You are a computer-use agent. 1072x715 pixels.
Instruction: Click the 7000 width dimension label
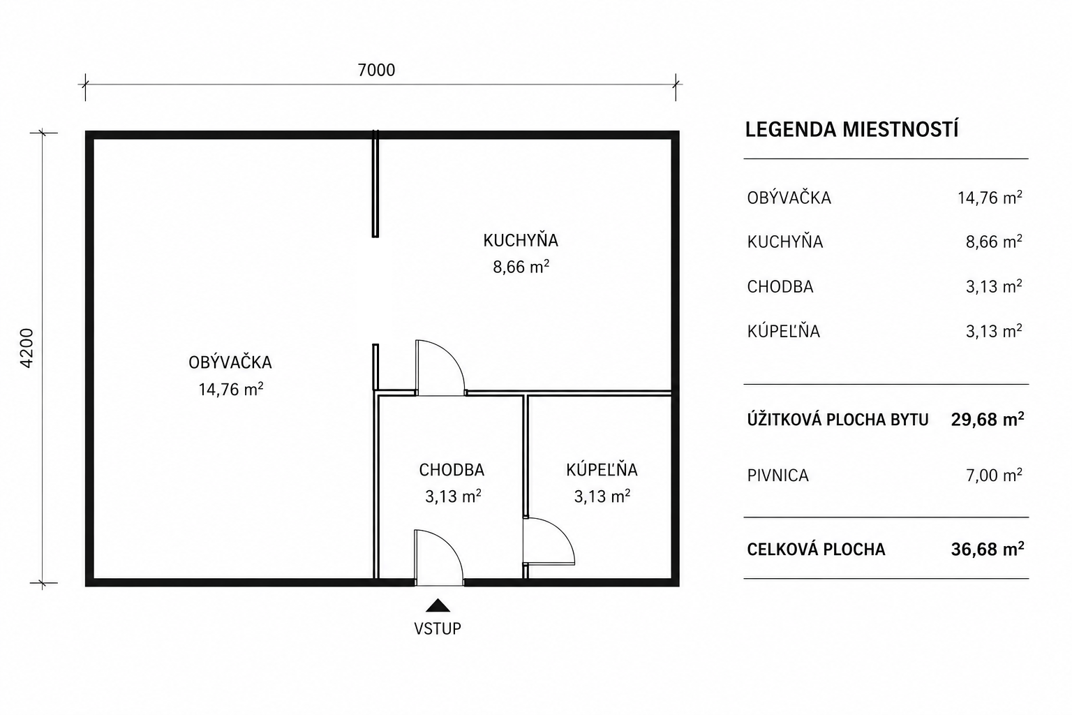[376, 71]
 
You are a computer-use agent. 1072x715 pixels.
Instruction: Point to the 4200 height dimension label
[27, 348]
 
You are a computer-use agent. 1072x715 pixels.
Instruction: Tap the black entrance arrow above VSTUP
[438, 606]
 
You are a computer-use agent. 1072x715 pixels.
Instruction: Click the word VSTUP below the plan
[438, 628]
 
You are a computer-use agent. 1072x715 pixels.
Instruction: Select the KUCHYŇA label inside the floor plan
[521, 240]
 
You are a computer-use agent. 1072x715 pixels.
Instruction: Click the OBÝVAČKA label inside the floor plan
[230, 362]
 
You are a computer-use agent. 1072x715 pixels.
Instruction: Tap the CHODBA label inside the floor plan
[452, 471]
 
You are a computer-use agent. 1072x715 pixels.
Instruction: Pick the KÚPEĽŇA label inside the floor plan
[602, 470]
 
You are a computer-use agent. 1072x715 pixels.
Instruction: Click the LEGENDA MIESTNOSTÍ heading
[852, 130]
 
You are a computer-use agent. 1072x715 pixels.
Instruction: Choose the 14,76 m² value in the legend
[990, 198]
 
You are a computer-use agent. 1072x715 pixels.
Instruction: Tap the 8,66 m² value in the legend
[994, 242]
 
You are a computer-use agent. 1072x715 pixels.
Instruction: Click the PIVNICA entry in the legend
[777, 476]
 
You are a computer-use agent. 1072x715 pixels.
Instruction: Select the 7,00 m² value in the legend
[994, 476]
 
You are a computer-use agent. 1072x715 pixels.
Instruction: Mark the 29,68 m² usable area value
[988, 420]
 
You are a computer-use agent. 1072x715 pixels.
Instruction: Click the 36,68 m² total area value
[988, 550]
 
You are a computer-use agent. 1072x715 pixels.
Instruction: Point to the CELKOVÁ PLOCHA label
[816, 550]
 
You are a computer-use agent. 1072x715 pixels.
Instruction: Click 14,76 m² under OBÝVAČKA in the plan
[231, 390]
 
